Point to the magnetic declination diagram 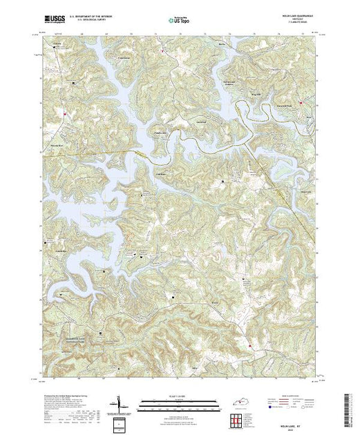coord(122,403)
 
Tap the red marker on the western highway coord(65,111)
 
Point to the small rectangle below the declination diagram coord(122,422)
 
